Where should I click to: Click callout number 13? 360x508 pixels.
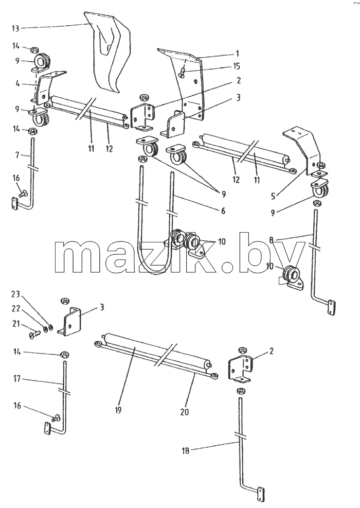[x=15, y=28]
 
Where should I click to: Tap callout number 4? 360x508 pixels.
[x=18, y=83]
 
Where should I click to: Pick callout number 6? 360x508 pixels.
[x=223, y=211]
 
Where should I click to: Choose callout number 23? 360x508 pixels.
[x=16, y=295]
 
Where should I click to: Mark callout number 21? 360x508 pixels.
[x=16, y=323]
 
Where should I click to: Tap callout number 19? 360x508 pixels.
[x=118, y=410]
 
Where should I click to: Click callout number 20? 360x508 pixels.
[x=185, y=412]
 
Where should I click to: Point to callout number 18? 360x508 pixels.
[x=185, y=451]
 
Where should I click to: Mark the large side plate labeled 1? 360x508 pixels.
[x=191, y=84]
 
